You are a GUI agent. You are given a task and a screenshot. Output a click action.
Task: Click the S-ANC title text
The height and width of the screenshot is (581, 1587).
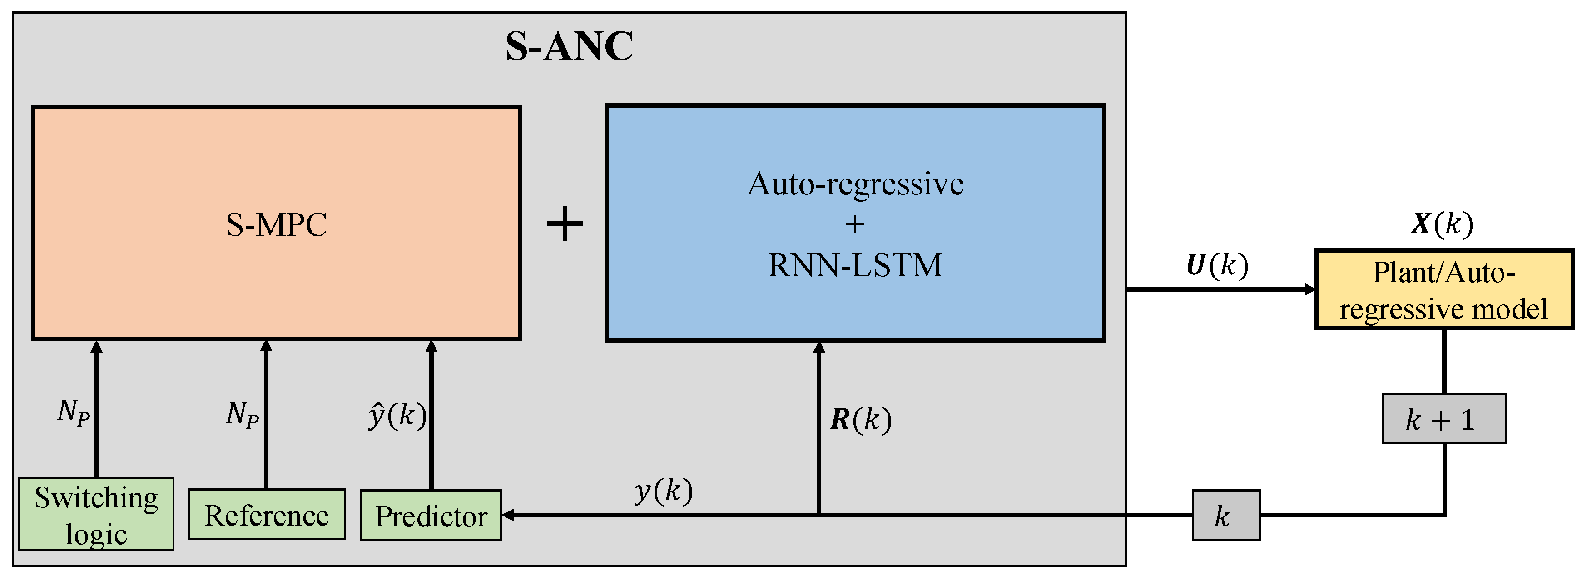click(569, 46)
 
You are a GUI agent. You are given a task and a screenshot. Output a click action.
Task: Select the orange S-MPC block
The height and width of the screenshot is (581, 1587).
click(276, 223)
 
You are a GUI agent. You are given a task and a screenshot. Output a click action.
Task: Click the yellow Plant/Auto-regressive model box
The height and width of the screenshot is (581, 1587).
click(1443, 289)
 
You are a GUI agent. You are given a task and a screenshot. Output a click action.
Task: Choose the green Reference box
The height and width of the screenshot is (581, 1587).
click(266, 515)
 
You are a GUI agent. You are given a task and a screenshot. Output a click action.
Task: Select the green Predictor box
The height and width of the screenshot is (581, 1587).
click(431, 516)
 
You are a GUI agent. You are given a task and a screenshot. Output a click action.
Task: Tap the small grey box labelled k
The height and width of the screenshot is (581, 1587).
click(1225, 516)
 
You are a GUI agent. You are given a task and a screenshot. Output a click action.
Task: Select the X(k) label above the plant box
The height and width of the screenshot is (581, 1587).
click(1442, 223)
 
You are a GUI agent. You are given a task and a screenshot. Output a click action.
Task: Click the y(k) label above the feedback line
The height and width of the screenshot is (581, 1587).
click(664, 491)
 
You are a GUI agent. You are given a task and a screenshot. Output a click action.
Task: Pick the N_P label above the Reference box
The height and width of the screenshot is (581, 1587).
click(242, 414)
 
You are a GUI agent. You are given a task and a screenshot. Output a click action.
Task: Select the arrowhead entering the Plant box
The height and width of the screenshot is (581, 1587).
click(1310, 289)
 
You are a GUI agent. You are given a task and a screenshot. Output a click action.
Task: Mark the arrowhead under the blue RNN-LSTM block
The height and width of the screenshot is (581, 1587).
click(819, 348)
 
